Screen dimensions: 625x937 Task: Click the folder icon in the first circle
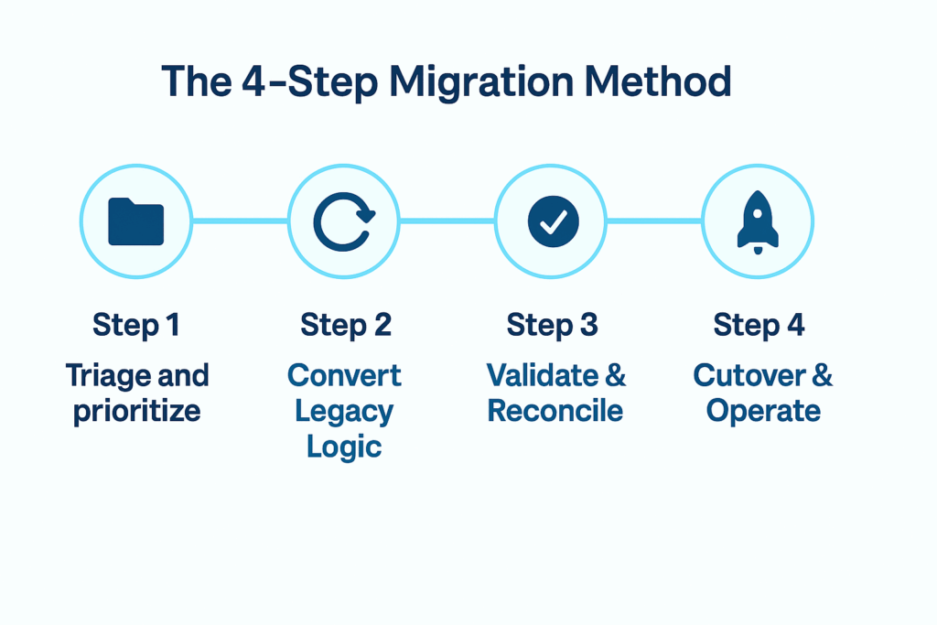[x=135, y=221]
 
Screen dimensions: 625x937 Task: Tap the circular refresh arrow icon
[x=343, y=221]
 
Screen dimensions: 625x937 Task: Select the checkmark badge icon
[x=553, y=221]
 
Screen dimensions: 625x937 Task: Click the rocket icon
[x=758, y=222]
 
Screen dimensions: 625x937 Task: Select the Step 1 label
[x=136, y=325]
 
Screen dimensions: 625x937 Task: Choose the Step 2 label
[x=345, y=325]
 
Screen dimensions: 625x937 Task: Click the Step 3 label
[x=552, y=325]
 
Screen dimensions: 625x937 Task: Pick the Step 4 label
[x=759, y=325]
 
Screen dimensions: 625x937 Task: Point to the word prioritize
[x=136, y=411]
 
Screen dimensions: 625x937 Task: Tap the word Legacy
[x=344, y=411]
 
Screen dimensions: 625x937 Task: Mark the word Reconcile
[x=555, y=411]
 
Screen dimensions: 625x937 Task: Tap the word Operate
[x=763, y=411]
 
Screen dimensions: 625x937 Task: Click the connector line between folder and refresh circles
[x=239, y=221]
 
